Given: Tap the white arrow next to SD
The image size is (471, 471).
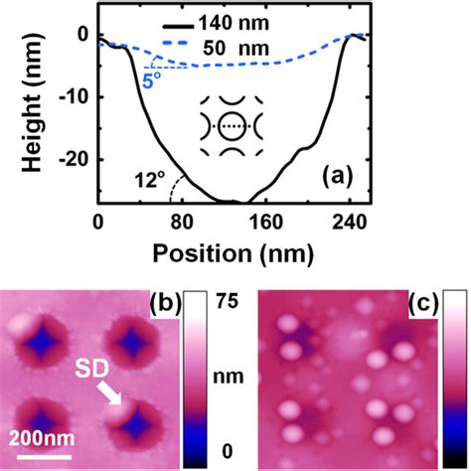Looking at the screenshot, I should tap(112, 394).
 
